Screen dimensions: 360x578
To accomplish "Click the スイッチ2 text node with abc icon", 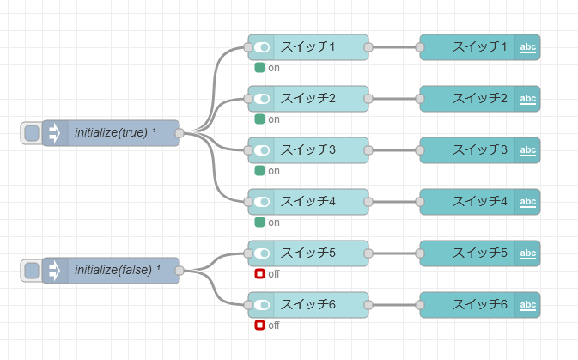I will pos(471,99).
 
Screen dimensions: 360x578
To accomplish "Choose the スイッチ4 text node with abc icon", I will pos(471,202).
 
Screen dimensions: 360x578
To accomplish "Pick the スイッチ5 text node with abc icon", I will pos(471,253).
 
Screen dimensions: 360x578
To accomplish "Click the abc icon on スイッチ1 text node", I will pos(528,47).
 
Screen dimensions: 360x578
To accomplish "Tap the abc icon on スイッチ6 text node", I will pos(528,305).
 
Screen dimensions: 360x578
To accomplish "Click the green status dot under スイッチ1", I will pos(259,68).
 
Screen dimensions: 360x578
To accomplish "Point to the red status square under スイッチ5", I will pos(259,274).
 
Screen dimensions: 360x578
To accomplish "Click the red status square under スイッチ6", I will pos(259,326).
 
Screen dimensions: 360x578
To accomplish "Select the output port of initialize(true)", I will pos(179,133).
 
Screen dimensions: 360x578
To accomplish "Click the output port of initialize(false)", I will pos(179,271).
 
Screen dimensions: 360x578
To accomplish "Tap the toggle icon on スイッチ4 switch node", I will pos(262,202).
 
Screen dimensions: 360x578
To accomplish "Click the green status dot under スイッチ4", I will pos(259,223).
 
